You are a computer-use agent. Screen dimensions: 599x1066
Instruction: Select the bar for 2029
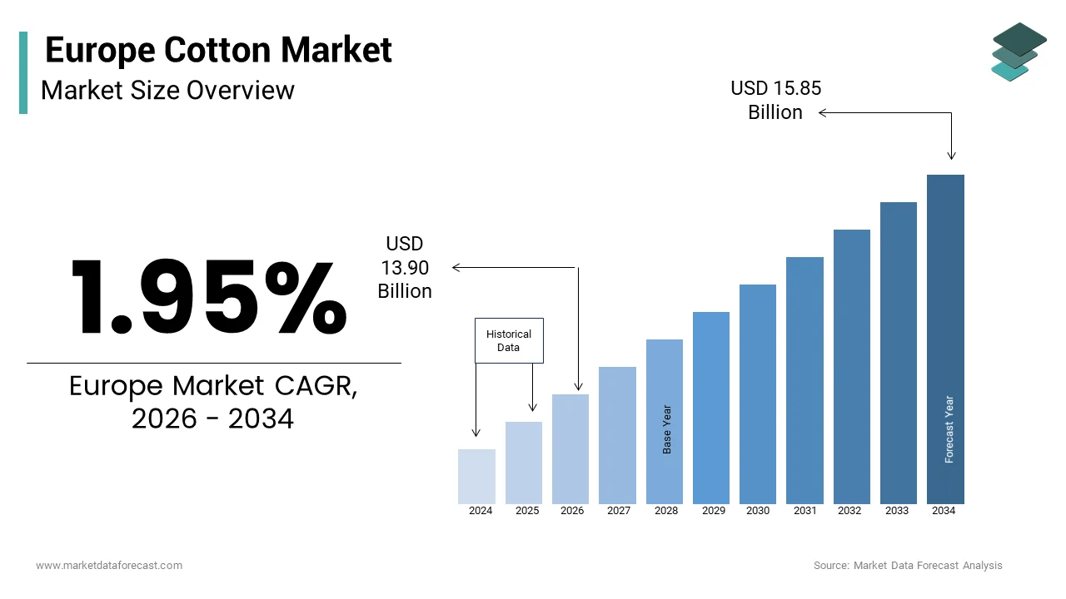(710, 408)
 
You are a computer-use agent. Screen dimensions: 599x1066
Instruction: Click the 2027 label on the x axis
(618, 511)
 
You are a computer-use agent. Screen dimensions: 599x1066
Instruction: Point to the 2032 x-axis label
(849, 511)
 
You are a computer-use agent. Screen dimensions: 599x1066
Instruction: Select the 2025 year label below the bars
(526, 511)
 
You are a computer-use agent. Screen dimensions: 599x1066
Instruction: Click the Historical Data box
(509, 340)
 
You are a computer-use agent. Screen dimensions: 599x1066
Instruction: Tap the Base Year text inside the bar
(666, 429)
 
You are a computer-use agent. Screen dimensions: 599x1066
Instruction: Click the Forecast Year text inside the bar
(949, 429)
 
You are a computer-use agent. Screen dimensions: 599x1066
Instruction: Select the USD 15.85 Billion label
(775, 100)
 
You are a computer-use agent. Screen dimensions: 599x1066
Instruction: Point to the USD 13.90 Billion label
(405, 267)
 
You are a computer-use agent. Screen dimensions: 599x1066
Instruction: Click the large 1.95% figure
(209, 297)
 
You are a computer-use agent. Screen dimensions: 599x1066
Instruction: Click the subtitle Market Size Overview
(167, 90)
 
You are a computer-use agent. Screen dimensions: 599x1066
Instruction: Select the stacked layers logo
(1019, 52)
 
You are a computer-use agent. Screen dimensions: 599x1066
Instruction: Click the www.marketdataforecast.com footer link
(109, 566)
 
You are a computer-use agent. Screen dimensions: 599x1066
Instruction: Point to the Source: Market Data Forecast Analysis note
(908, 566)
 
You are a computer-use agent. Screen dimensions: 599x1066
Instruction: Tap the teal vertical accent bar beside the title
(23, 72)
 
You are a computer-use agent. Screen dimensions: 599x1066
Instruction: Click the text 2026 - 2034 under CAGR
(212, 418)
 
